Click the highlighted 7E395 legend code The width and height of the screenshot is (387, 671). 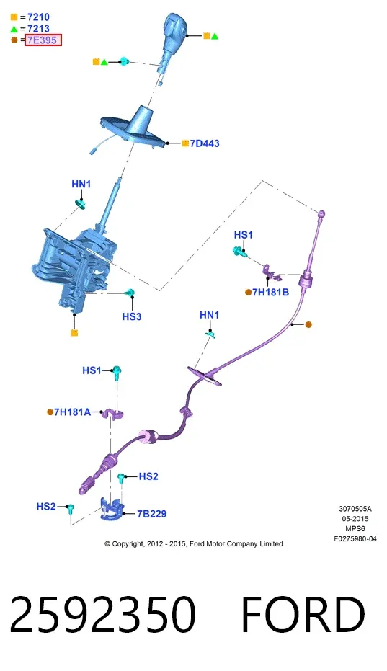(43, 40)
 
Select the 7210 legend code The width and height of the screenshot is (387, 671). (38, 17)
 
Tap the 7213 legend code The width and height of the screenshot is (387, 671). (38, 29)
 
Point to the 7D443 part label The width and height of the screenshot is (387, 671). (205, 143)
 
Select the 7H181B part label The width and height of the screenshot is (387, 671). (270, 293)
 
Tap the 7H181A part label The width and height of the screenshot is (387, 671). (72, 412)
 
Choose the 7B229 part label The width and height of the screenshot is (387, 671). (152, 513)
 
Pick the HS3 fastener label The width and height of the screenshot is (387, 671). (131, 316)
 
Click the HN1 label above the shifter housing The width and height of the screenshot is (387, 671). (81, 184)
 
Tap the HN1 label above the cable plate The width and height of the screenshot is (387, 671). (209, 315)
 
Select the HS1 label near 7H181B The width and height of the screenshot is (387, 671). (243, 235)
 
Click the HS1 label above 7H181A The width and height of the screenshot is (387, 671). (92, 370)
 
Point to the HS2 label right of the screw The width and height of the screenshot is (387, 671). (148, 476)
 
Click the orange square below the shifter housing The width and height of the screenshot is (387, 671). (74, 332)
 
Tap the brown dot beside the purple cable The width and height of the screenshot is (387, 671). (308, 325)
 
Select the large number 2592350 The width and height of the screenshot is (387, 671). (103, 615)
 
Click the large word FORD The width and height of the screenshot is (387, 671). (303, 615)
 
